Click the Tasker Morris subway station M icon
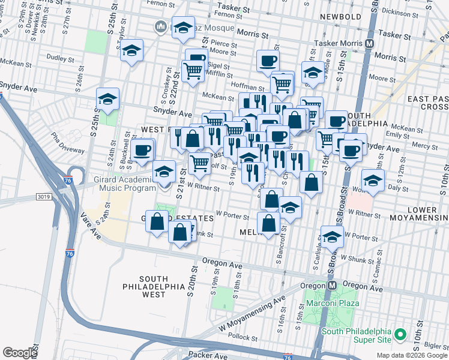tap(370, 44)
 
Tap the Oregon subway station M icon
tap(331, 286)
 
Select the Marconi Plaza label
tap(333, 303)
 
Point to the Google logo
tap(20, 353)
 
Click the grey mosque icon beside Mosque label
tap(161, 27)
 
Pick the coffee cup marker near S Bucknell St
tap(142, 149)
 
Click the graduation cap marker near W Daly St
tap(373, 179)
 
